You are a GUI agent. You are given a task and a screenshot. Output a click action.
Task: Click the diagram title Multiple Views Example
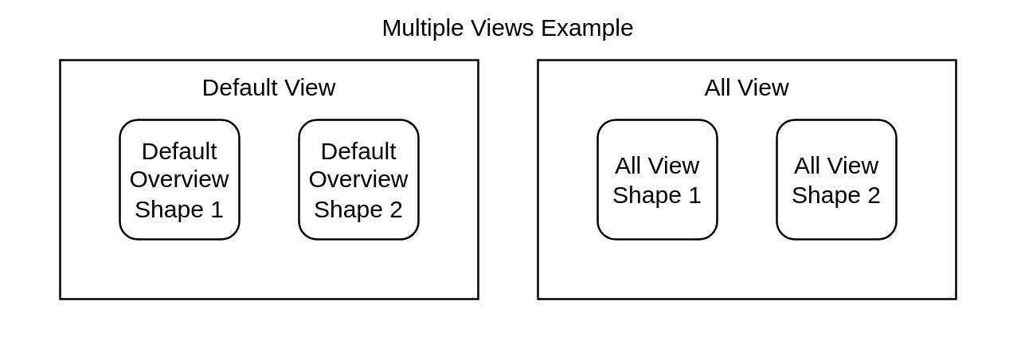tap(507, 28)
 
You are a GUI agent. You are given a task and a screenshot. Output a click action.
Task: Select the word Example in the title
tap(587, 28)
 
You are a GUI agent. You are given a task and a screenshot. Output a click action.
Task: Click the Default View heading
tap(268, 88)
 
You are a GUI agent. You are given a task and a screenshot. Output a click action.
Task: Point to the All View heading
tap(746, 88)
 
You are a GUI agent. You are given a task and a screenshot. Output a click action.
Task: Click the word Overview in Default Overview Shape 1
tap(179, 180)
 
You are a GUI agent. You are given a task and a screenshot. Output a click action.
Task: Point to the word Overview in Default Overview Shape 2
tap(358, 180)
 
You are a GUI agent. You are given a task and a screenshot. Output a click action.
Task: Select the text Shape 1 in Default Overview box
tap(179, 209)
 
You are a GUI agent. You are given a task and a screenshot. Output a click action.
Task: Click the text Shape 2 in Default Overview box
tap(358, 209)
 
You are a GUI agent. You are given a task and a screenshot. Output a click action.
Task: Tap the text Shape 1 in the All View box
tap(657, 195)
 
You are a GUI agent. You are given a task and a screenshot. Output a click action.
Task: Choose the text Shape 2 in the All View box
tap(836, 195)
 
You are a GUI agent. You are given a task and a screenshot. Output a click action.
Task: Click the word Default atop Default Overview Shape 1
tap(179, 151)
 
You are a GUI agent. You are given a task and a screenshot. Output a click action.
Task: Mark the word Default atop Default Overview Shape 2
tap(358, 151)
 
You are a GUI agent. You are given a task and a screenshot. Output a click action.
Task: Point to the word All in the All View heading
tap(716, 88)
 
